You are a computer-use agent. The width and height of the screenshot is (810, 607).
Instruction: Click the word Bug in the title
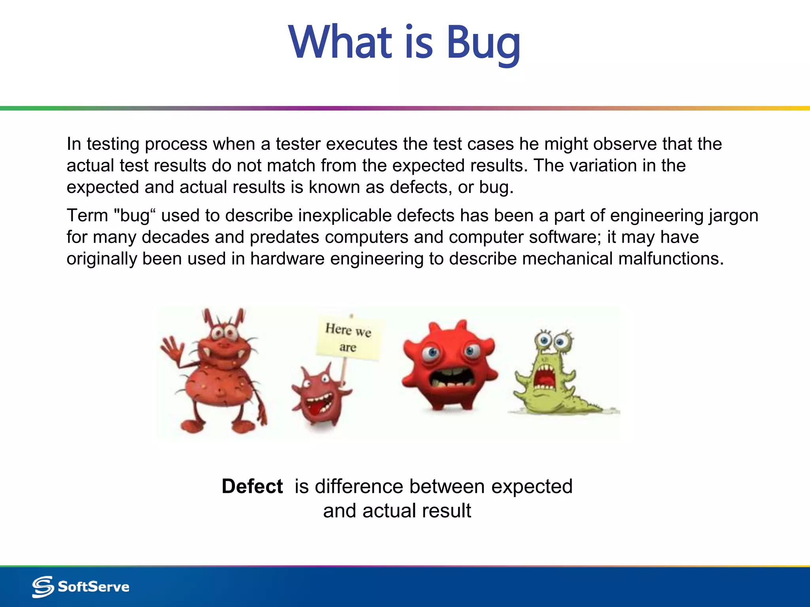(x=483, y=43)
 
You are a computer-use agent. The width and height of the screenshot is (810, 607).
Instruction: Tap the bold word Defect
(x=252, y=486)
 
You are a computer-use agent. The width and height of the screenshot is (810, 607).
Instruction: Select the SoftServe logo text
(x=93, y=586)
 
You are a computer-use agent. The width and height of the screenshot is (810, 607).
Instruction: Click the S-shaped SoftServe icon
(x=43, y=586)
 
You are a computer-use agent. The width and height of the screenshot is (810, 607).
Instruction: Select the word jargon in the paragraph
(x=733, y=216)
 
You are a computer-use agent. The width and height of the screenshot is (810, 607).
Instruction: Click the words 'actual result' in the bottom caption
(x=416, y=511)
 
